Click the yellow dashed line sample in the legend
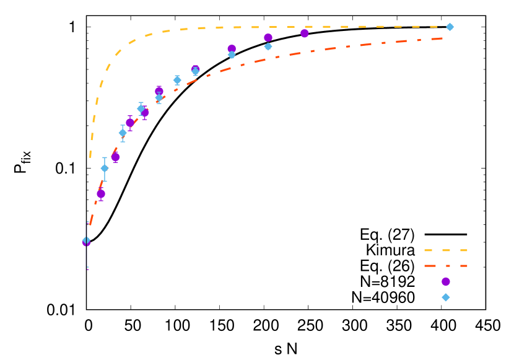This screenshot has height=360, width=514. (446, 250)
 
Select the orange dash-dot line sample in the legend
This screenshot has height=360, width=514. (446, 266)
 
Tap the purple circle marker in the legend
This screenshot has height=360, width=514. (446, 281)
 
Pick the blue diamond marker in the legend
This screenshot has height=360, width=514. (446, 297)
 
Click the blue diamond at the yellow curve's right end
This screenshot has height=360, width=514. (450, 27)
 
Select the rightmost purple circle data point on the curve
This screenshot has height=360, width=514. (305, 33)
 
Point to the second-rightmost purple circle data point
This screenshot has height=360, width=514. (268, 38)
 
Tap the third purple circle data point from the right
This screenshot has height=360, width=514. (232, 48)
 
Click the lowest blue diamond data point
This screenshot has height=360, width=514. (86, 240)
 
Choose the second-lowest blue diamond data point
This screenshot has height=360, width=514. (105, 169)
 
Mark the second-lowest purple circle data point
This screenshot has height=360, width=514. (101, 194)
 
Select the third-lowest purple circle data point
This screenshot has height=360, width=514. (115, 157)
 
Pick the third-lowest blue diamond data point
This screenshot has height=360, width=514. (123, 133)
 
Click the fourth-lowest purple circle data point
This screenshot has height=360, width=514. (130, 123)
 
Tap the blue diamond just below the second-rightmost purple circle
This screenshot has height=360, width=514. (268, 46)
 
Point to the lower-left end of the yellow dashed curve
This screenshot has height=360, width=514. (90, 156)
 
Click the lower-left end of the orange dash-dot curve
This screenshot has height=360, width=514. (90, 224)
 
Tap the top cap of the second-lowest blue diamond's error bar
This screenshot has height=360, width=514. (105, 157)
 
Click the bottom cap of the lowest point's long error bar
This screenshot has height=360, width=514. (87, 268)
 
